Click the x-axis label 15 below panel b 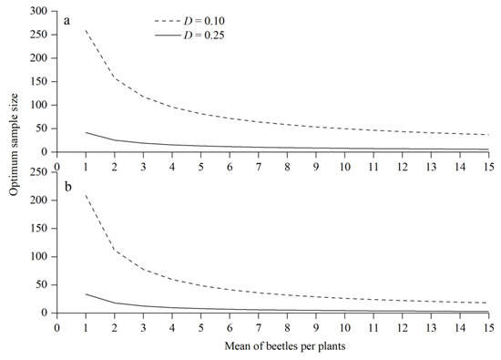[x=489, y=328]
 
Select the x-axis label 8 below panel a [x=287, y=168]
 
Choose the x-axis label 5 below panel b [x=200, y=328]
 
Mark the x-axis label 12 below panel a [x=403, y=168]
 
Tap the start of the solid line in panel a [x=86, y=132]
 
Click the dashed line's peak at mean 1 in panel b [x=86, y=194]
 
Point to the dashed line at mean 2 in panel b [x=115, y=250]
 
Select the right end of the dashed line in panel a [x=489, y=135]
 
